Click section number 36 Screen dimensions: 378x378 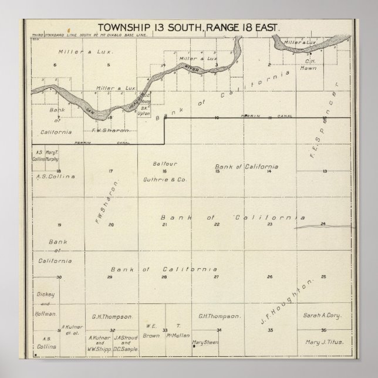323,330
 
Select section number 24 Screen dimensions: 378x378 323,224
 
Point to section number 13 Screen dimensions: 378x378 324,171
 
